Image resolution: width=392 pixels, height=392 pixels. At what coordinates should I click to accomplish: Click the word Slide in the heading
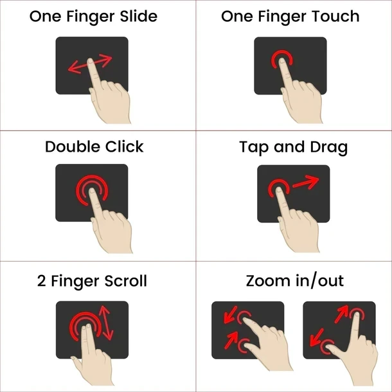pyautogui.click(x=139, y=17)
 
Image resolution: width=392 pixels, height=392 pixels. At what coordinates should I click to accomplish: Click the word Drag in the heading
pyautogui.click(x=329, y=147)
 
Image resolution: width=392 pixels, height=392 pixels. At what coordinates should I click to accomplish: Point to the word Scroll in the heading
pyautogui.click(x=126, y=281)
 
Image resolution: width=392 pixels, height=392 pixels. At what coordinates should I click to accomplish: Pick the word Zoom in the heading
pyautogui.click(x=268, y=281)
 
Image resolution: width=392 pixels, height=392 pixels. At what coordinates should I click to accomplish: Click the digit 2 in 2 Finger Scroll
pyautogui.click(x=42, y=281)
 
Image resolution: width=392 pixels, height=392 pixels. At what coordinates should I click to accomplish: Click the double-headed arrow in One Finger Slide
pyautogui.click(x=90, y=64)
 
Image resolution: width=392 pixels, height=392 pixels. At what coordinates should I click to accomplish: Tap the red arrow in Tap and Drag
pyautogui.click(x=305, y=183)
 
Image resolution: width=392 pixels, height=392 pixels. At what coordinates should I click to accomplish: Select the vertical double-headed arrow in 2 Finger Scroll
pyautogui.click(x=106, y=323)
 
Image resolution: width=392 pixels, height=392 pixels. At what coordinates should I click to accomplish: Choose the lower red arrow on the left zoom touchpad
pyautogui.click(x=231, y=340)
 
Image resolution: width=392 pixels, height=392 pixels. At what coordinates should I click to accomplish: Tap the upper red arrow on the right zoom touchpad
pyautogui.click(x=341, y=314)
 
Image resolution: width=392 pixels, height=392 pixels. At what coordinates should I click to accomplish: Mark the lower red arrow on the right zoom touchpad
pyautogui.click(x=317, y=337)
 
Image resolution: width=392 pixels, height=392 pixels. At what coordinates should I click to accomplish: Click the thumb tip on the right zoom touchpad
pyautogui.click(x=328, y=346)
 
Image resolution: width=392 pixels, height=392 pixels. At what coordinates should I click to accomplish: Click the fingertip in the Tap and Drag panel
pyautogui.click(x=279, y=190)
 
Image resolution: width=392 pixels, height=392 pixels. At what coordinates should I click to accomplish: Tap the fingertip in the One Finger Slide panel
pyautogui.click(x=91, y=61)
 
